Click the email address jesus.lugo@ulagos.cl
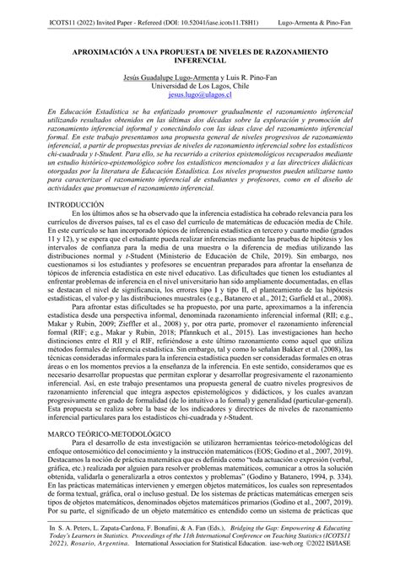pyautogui.click(x=200, y=96)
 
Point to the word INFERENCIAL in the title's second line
pyautogui.click(x=200, y=62)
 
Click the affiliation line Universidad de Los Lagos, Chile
pyautogui.click(x=200, y=87)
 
